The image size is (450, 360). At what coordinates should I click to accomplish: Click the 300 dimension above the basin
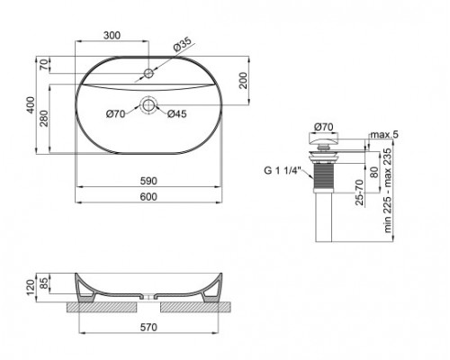[x=111, y=36]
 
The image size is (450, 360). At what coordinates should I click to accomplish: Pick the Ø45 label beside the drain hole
[x=177, y=112]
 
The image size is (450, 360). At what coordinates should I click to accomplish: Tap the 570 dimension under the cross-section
[x=148, y=327]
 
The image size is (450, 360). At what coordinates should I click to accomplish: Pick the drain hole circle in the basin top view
[x=148, y=105]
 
